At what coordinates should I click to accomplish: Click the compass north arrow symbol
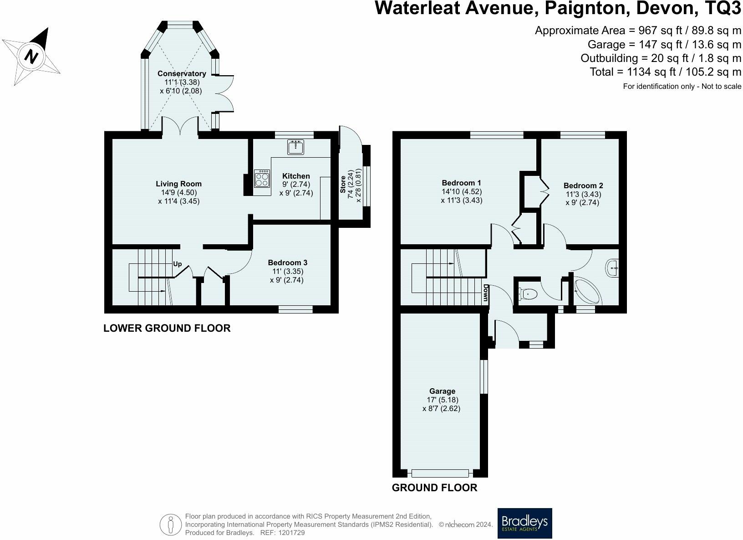click(31, 56)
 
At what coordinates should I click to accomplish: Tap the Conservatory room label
click(182, 73)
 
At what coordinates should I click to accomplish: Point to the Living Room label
click(178, 184)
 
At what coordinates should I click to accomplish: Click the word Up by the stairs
click(178, 264)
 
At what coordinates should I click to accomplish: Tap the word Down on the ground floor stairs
click(486, 293)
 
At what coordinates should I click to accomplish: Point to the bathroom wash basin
click(612, 268)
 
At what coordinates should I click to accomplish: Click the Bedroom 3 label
click(287, 262)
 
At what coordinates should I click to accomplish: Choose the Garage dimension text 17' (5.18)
click(442, 400)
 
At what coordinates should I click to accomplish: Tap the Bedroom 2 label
click(583, 185)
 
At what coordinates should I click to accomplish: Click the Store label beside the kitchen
click(343, 185)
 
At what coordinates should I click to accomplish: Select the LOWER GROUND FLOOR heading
click(167, 328)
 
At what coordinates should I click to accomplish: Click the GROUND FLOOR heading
click(434, 488)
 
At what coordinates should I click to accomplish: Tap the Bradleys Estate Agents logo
click(524, 523)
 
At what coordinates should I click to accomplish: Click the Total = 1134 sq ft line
click(665, 72)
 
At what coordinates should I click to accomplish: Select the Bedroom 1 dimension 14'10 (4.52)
click(461, 191)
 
